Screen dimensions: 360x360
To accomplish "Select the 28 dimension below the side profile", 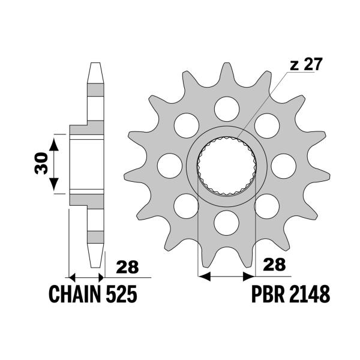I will click(x=126, y=265).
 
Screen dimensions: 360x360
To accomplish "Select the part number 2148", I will click(x=309, y=295).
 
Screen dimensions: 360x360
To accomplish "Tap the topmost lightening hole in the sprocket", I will click(x=226, y=107).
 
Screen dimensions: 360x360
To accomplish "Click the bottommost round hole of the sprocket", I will click(x=226, y=222).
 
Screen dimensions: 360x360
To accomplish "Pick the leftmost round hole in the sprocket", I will click(x=169, y=164).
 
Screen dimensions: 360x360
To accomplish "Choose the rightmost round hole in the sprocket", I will click(x=283, y=164).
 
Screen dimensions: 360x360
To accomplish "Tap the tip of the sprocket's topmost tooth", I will click(x=226, y=64).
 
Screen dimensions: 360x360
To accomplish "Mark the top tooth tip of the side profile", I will click(x=95, y=64).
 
